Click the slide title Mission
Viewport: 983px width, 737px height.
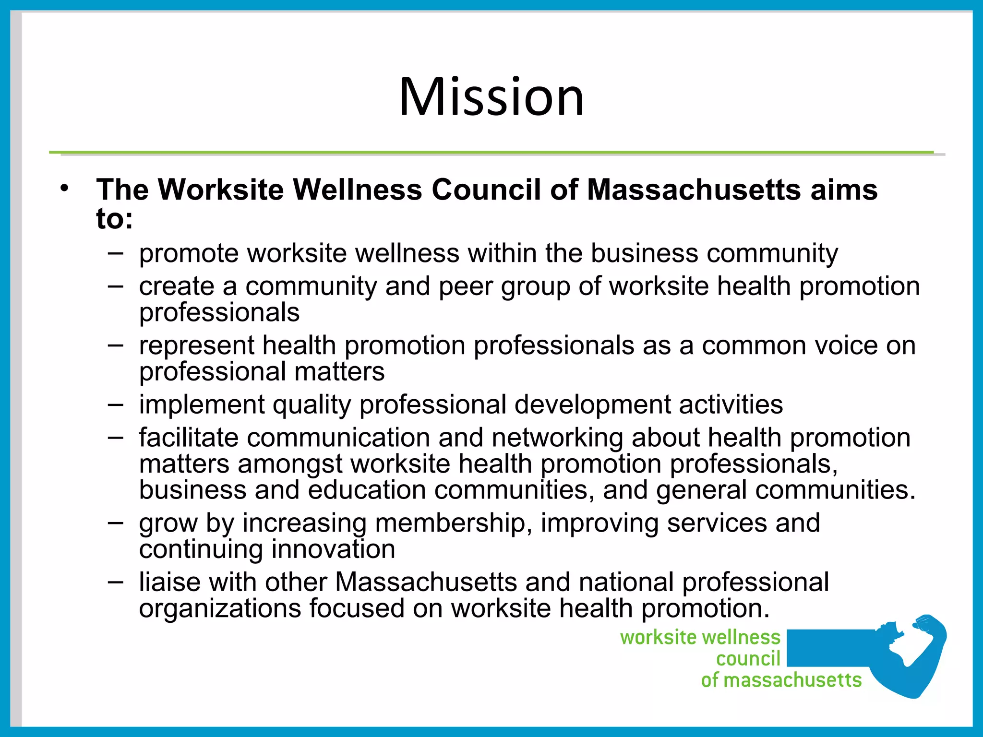click(491, 97)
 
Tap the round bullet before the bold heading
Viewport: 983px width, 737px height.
click(65, 189)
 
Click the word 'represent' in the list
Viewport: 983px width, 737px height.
click(196, 346)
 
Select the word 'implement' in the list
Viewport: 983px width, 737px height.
click(202, 405)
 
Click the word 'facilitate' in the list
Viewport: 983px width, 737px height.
click(189, 438)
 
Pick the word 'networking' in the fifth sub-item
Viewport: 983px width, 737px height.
click(557, 438)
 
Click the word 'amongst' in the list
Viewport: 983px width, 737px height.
click(290, 464)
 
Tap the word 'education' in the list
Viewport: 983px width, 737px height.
click(367, 490)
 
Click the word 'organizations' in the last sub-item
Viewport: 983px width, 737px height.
click(220, 608)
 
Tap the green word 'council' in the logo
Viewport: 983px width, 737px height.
click(748, 659)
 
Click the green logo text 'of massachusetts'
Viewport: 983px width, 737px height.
click(781, 680)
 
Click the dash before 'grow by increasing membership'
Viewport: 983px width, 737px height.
click(115, 522)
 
